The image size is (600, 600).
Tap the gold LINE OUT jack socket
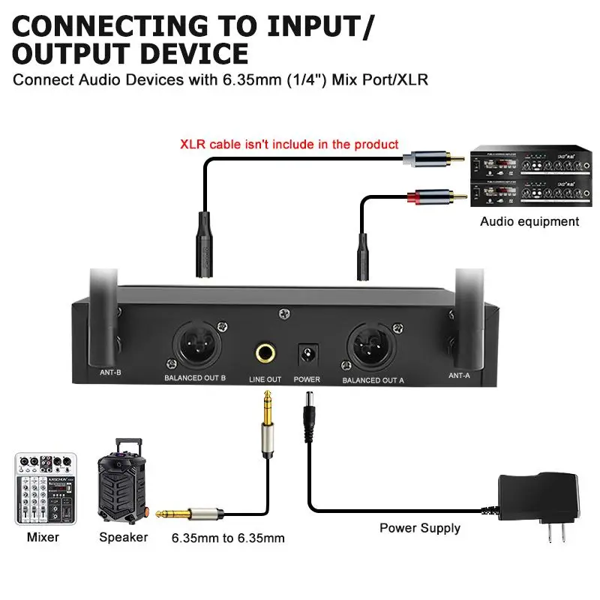pyautogui.click(x=265, y=352)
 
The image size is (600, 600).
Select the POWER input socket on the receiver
pyautogui.click(x=307, y=352)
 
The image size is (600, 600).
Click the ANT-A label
pyautogui.click(x=459, y=375)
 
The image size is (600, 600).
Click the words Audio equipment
pyautogui.click(x=529, y=221)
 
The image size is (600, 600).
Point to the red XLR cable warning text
pyautogui.click(x=289, y=144)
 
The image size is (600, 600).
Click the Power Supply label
pyautogui.click(x=420, y=528)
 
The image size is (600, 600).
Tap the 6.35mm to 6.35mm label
pyautogui.click(x=228, y=538)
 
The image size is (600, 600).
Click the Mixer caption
pyautogui.click(x=43, y=537)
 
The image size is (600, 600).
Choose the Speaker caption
pyautogui.click(x=124, y=537)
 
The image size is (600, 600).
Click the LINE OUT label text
pyautogui.click(x=265, y=379)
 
